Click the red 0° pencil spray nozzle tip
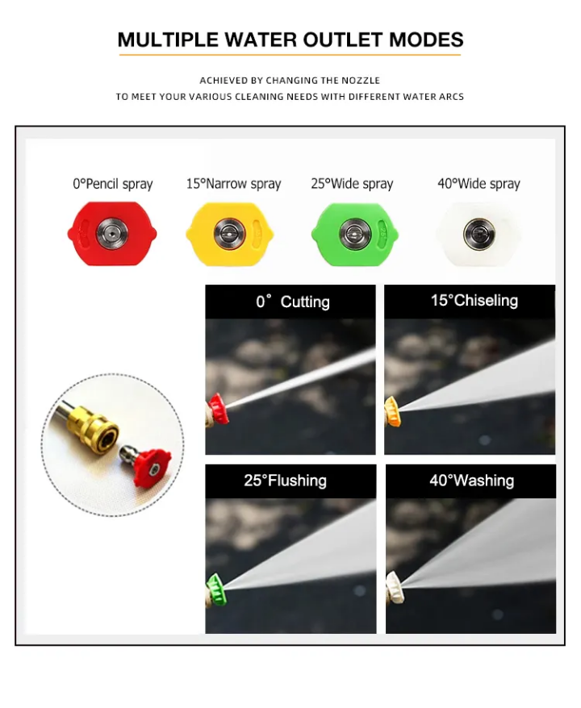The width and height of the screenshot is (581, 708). point(112,233)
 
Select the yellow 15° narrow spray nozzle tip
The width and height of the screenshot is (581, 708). point(229,234)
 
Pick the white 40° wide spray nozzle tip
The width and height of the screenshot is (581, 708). point(479,234)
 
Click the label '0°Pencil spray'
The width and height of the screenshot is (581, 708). point(113,184)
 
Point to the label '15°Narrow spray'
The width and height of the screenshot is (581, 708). point(233,184)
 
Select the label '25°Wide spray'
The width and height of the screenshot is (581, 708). point(352,184)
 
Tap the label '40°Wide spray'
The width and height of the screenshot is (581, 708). point(479,184)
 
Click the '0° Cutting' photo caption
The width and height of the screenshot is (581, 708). point(293,302)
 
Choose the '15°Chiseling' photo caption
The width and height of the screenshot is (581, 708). point(474,300)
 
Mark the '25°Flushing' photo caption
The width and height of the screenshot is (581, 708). point(285,481)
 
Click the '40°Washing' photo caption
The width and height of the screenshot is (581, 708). point(472,481)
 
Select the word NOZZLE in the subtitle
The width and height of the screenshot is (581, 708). point(361,81)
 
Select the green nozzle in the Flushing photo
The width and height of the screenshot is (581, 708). point(216,589)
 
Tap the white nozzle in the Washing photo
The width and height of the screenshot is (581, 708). point(395,588)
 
